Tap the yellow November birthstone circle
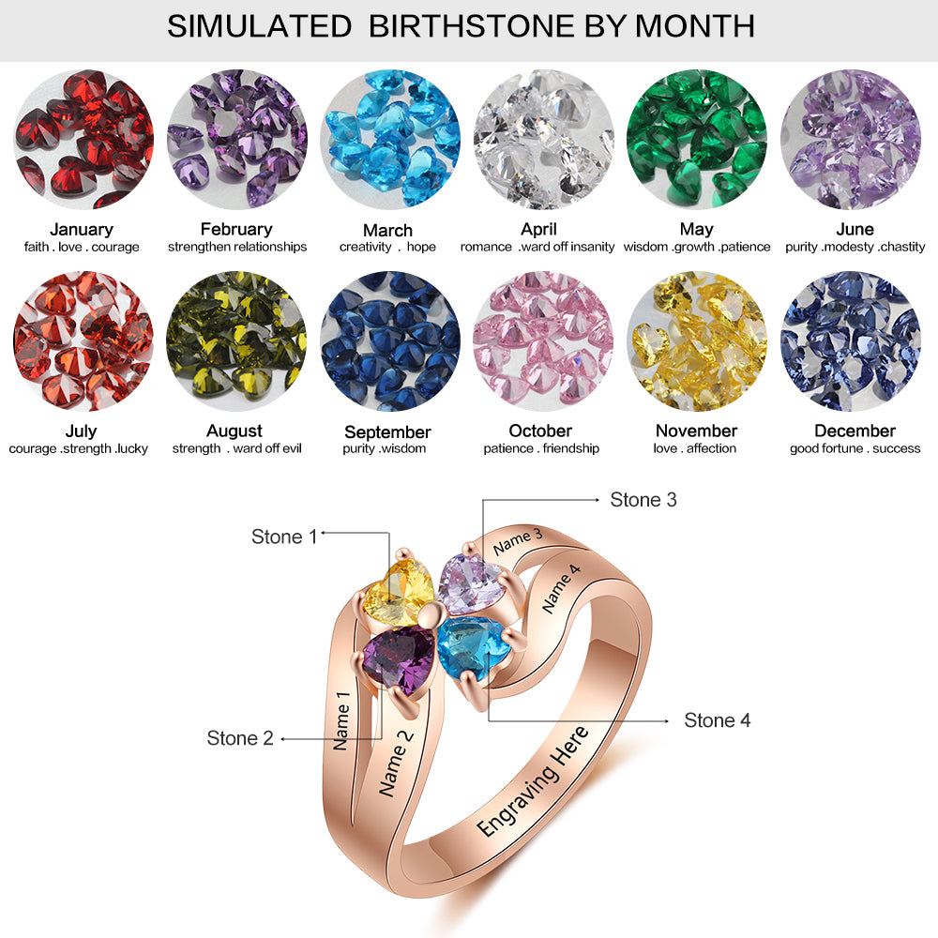click(x=696, y=341)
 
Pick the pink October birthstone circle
click(x=543, y=341)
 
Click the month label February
click(x=236, y=229)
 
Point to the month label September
click(x=387, y=431)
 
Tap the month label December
click(x=855, y=431)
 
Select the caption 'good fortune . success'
click(x=855, y=448)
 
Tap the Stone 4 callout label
click(x=717, y=720)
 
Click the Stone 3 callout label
click(x=643, y=500)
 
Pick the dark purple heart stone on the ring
click(x=398, y=658)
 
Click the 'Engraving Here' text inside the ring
click(x=535, y=781)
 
